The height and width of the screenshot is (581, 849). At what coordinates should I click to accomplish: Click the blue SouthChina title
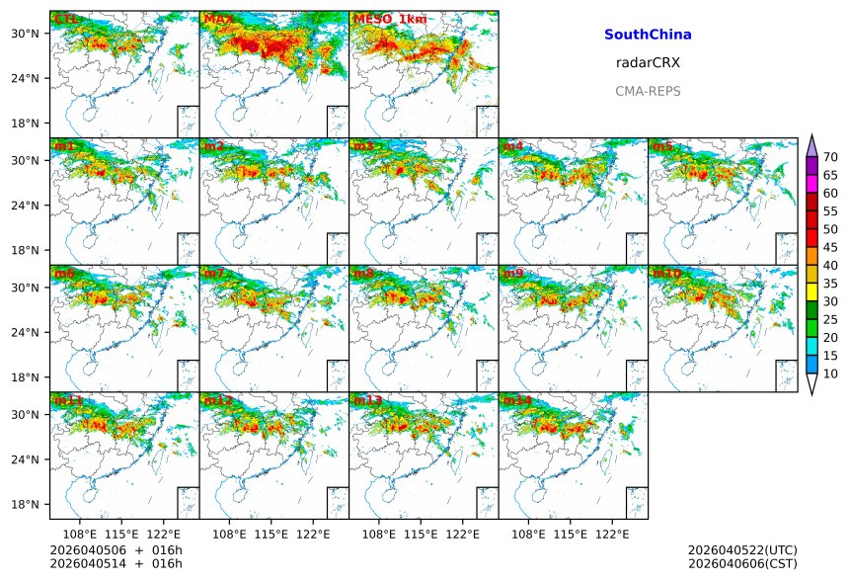648,35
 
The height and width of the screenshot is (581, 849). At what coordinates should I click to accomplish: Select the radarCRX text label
648,62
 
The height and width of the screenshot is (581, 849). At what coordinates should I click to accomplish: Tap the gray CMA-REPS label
648,91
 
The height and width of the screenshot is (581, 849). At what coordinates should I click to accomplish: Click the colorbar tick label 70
831,157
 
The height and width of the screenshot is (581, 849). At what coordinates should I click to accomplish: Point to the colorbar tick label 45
831,247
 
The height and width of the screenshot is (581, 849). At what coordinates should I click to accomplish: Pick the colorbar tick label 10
831,373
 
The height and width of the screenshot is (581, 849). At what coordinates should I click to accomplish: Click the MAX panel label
218,19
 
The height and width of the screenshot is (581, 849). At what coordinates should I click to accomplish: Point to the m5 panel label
662,146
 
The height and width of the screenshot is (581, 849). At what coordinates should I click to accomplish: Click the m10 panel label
666,273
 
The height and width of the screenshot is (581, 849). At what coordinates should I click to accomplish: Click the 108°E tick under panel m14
529,534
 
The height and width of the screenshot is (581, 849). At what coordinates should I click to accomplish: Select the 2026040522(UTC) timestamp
742,549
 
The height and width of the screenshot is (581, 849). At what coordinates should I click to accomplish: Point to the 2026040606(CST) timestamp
742,562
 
